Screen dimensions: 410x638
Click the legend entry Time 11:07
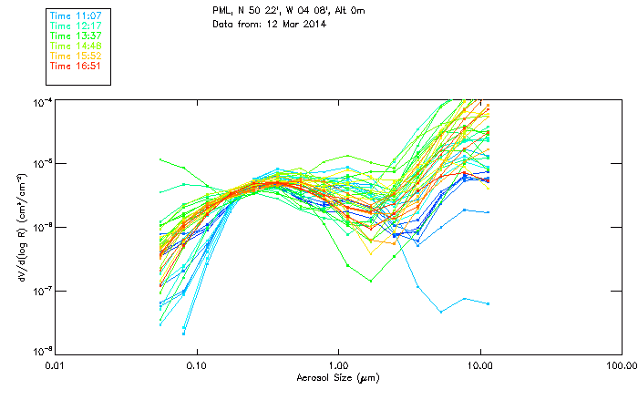point(75,15)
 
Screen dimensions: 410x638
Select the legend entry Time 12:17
point(75,26)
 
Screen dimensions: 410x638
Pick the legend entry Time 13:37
point(75,36)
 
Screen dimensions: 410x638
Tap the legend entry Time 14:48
point(75,46)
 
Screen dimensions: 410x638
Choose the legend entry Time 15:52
point(75,56)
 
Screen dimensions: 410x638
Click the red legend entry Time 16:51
point(75,66)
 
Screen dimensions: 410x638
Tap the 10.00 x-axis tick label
point(480,365)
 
